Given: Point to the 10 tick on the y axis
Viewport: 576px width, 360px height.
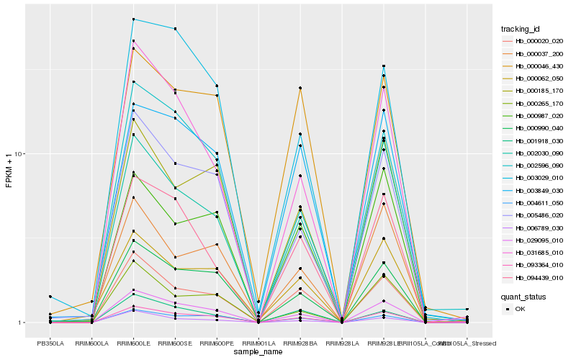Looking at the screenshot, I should [x=22, y=154].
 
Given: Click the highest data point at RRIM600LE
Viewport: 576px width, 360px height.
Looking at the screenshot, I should [x=134, y=19].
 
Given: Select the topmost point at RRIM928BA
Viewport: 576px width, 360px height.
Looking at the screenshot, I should [x=300, y=88].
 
